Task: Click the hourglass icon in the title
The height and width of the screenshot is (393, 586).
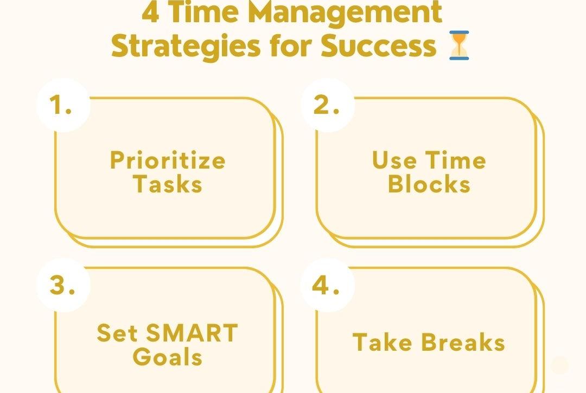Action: click(459, 46)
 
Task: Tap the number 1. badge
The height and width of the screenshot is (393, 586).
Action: click(63, 105)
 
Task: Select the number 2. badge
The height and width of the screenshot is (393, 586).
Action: click(327, 105)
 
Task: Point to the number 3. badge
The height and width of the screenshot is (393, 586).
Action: click(63, 286)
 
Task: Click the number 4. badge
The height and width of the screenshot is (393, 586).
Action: click(327, 286)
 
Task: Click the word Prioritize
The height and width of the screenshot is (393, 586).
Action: click(168, 160)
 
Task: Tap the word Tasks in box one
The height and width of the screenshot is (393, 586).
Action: click(168, 184)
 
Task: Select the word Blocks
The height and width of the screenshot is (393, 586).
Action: click(429, 184)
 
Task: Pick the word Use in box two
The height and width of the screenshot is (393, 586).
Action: click(394, 160)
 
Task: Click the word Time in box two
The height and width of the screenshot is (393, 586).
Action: click(456, 160)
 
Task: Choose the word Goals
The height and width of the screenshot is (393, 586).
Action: click(168, 357)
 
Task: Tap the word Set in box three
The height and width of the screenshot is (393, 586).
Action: click(117, 333)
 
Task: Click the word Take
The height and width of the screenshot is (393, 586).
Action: click(382, 342)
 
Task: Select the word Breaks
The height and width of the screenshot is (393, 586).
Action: click(463, 342)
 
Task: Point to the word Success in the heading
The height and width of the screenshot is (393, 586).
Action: click(379, 46)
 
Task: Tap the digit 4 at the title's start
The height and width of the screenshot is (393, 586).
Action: click(151, 12)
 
